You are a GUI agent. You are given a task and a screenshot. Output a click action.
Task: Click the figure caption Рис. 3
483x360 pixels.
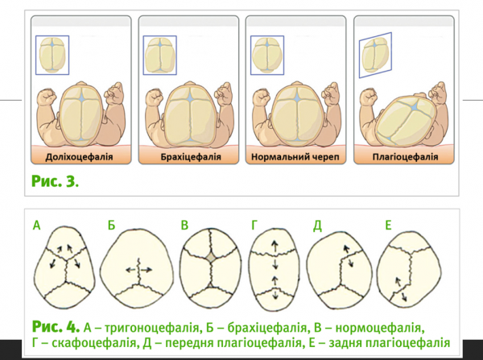click(56, 181)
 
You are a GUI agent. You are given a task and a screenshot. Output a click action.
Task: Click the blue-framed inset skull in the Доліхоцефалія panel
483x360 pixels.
click(52, 55)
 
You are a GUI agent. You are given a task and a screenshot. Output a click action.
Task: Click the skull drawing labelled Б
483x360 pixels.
click(140, 266)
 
